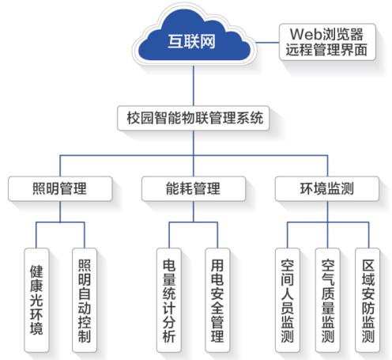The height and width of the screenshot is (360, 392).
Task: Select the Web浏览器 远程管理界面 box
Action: (327, 42)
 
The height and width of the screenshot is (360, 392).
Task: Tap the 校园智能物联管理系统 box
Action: (194, 118)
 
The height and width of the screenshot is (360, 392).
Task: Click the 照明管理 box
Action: (60, 189)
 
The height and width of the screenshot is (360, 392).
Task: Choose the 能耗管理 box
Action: (194, 189)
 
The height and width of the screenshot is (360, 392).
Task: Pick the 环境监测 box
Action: (327, 189)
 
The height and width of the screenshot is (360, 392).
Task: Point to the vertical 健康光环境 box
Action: (36, 300)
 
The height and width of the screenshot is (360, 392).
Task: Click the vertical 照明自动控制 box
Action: (85, 300)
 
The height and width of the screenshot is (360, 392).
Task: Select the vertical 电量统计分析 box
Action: (169, 300)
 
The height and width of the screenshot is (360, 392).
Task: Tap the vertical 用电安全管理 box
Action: (217, 300)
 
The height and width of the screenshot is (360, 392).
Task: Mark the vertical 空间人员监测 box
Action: (288, 300)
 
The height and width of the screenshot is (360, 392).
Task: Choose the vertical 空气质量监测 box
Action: (328, 300)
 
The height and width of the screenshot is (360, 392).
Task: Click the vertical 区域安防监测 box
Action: (367, 300)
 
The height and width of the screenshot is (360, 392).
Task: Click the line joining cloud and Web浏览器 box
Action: (267, 42)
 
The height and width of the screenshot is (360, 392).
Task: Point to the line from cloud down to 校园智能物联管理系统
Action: (194, 85)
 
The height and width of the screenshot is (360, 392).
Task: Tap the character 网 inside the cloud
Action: (208, 42)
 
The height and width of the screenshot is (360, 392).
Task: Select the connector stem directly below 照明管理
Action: (60, 211)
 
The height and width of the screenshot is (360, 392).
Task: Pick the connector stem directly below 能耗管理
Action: (194, 211)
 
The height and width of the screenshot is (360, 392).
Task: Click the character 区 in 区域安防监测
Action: (367, 265)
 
